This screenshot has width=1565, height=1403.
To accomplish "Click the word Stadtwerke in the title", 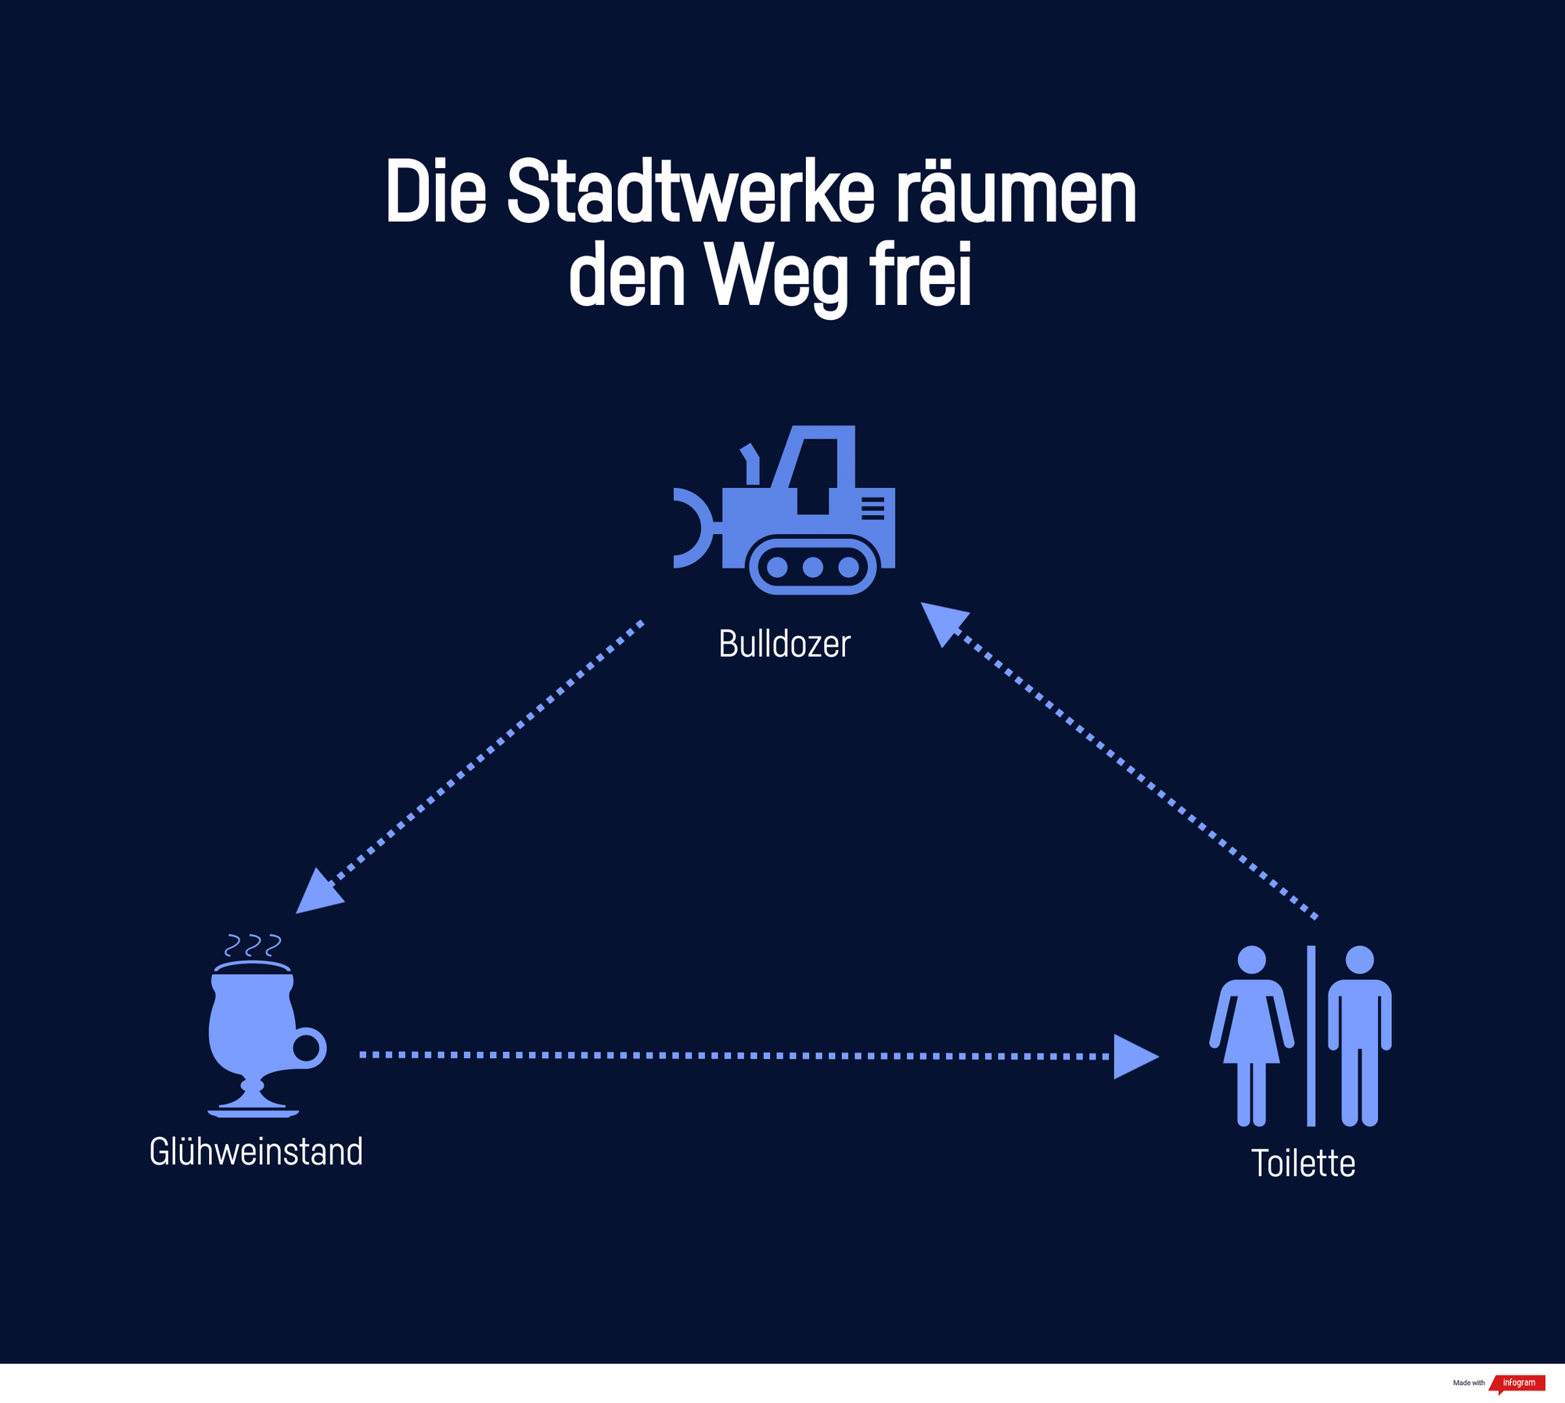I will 690,192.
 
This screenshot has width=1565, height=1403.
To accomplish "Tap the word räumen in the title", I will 1015,192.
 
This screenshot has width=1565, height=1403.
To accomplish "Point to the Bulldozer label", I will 784,644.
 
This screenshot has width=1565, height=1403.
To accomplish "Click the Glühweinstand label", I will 256,1152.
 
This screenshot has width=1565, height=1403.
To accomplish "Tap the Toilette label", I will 1303,1163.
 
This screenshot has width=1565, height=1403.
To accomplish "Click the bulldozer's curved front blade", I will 692,528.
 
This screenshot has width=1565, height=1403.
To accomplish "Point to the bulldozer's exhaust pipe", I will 751,464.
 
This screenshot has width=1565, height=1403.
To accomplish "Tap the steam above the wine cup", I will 252,945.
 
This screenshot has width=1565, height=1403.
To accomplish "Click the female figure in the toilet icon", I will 1251,1032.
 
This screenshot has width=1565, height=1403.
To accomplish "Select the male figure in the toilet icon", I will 1359,1032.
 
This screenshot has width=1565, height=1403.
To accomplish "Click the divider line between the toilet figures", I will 1311,1035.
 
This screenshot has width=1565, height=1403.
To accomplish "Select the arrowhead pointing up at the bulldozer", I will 943,621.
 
